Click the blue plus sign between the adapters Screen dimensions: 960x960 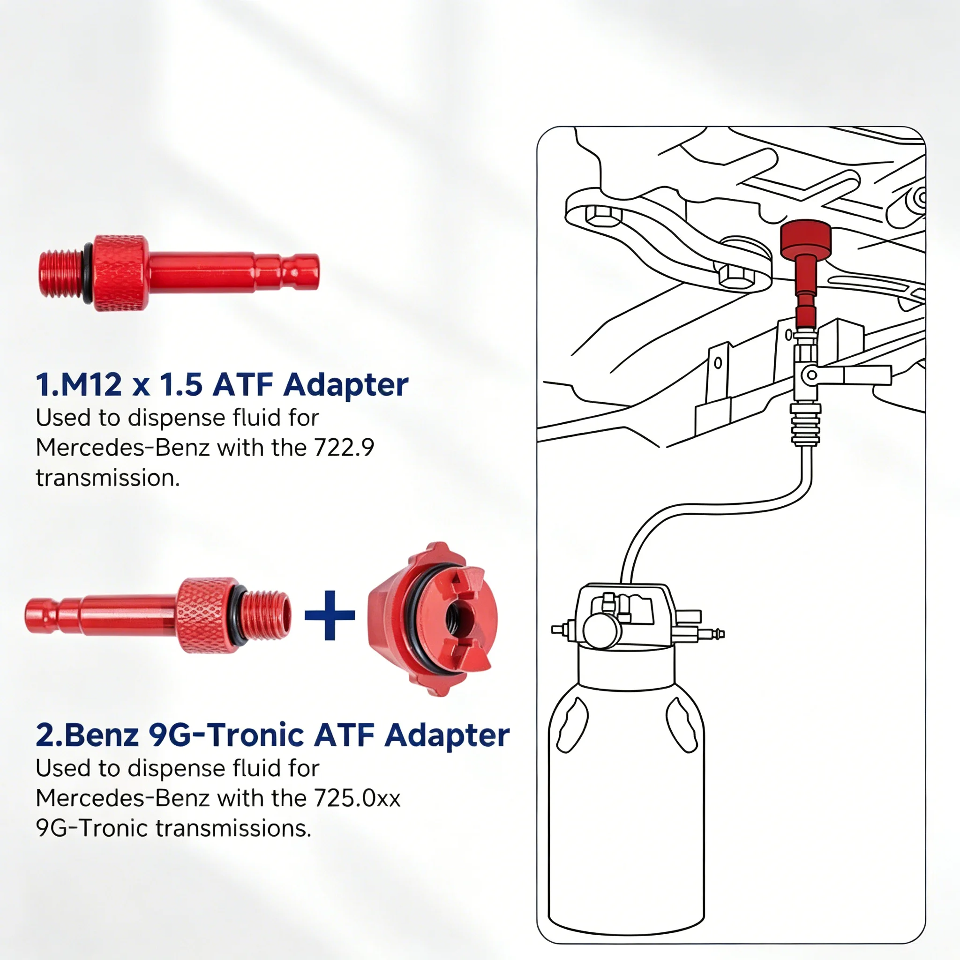click(330, 615)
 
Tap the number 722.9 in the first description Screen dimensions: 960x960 click(344, 448)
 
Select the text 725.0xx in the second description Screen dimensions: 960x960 click(357, 798)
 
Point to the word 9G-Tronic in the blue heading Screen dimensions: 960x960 click(226, 735)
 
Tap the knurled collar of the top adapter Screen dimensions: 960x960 click(121, 273)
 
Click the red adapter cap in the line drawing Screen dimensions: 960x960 click(805, 240)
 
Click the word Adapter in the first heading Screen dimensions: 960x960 click(346, 386)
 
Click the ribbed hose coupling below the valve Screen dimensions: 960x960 click(805, 425)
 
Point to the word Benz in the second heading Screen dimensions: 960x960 click(101, 735)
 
